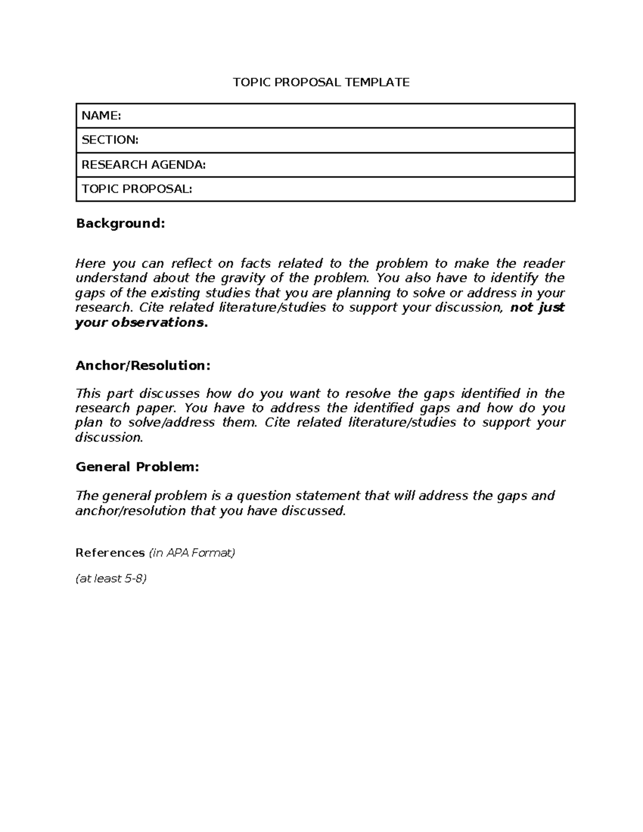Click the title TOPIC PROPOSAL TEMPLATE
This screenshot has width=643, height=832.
point(321,82)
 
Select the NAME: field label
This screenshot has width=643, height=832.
point(101,115)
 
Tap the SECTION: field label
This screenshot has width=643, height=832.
point(110,140)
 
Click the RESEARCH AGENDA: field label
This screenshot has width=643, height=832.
point(144,164)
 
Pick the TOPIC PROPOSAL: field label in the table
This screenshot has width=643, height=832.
point(137,189)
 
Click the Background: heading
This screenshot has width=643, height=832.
point(121,223)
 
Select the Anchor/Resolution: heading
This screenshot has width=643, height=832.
point(143,365)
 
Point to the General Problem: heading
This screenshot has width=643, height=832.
point(137,467)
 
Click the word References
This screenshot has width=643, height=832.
point(110,552)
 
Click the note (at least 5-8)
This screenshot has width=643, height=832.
point(111,579)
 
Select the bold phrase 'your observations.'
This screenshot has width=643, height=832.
point(141,323)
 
